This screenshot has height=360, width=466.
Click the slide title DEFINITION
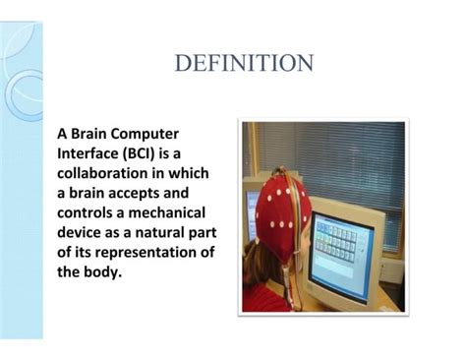[244, 64]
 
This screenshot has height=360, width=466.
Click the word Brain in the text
[90, 132]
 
